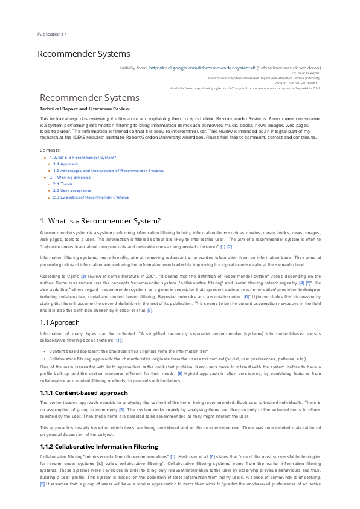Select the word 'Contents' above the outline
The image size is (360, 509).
coord(50,149)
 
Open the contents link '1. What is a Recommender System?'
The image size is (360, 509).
coord(83,157)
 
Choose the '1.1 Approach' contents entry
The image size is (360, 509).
coord(65,164)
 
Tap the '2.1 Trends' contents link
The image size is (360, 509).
coord(63,184)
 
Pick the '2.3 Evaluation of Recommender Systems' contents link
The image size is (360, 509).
coord(91,197)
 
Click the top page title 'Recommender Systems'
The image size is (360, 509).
coord(84,54)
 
